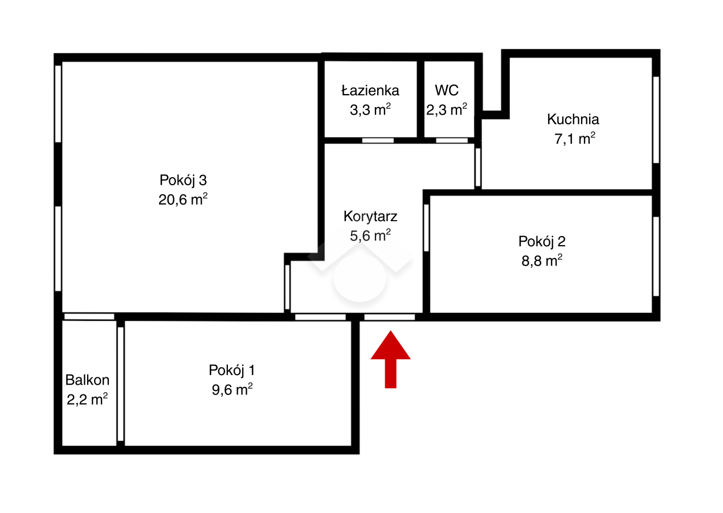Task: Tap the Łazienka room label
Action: [370, 91]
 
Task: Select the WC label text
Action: [446, 91]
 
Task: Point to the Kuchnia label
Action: [573, 119]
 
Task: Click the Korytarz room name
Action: [370, 216]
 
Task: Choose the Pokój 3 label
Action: [183, 180]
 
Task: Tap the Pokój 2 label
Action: [542, 242]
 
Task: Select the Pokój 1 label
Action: [232, 370]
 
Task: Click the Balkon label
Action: [87, 380]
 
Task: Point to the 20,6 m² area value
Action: [183, 199]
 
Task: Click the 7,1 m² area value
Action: [574, 139]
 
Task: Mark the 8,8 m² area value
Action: [542, 260]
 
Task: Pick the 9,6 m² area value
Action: [232, 389]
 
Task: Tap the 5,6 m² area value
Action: [370, 235]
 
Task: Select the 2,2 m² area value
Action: [87, 400]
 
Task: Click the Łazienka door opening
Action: [378, 140]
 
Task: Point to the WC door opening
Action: [452, 140]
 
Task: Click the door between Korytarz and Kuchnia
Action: [478, 167]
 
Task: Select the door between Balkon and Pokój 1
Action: [120, 384]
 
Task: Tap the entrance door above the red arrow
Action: [390, 317]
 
